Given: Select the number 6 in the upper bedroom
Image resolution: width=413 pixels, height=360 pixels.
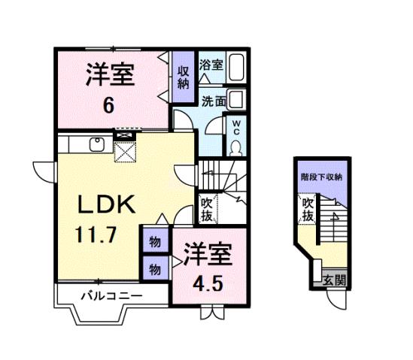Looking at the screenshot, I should (109, 105).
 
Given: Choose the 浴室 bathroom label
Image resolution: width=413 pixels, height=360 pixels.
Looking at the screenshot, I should (211, 65).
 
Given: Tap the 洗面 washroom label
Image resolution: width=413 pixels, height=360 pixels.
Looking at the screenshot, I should (213, 101).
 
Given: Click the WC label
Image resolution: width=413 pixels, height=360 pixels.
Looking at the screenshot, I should (235, 124).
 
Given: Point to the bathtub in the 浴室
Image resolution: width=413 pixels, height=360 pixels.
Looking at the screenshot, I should (237, 69).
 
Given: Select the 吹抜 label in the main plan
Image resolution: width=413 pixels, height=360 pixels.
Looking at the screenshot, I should (207, 208).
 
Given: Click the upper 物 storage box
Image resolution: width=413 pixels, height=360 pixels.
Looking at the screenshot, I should (153, 241).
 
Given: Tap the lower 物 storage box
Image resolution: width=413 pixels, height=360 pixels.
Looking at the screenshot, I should (153, 267).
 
